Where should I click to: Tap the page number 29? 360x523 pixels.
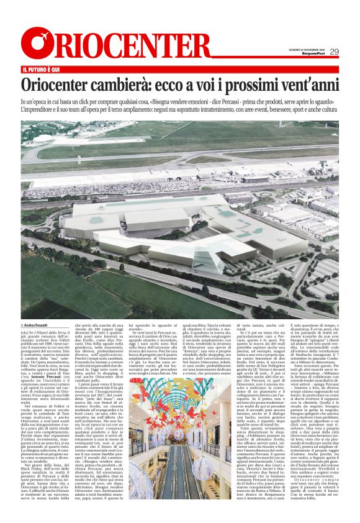(334, 52)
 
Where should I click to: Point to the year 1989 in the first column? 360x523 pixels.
(58, 346)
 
